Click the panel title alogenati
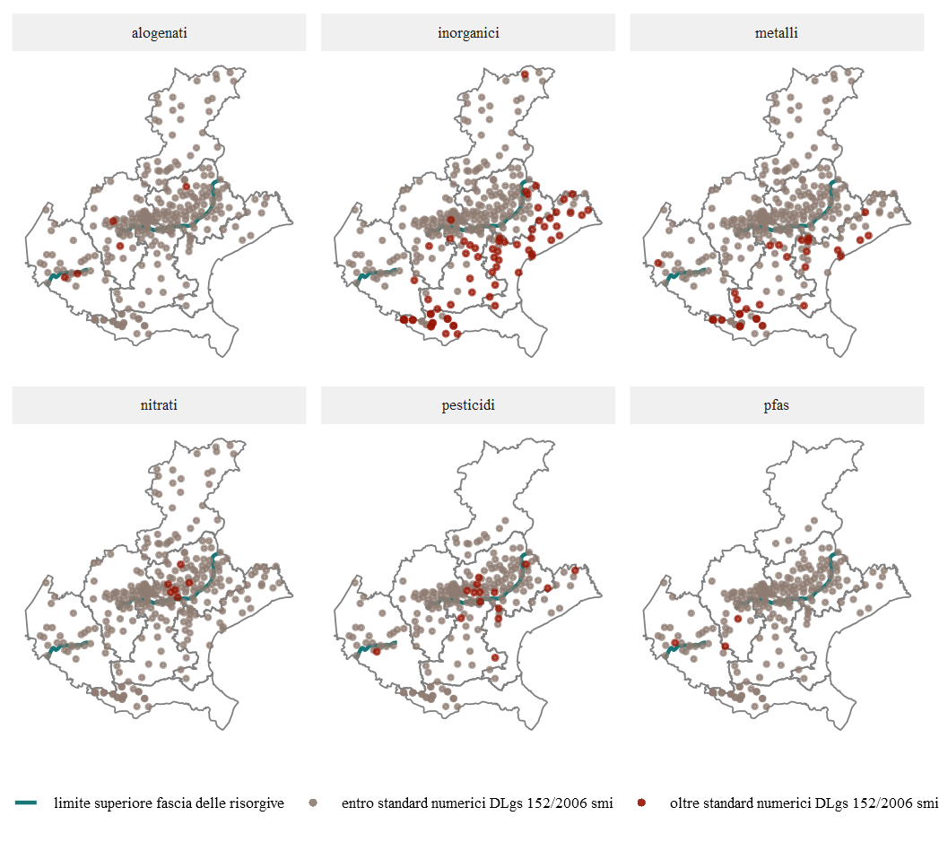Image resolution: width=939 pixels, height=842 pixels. point(159,33)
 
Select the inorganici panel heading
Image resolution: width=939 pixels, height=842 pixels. point(468,33)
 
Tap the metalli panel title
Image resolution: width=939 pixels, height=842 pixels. point(777,33)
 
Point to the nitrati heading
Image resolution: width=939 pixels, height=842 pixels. point(159,405)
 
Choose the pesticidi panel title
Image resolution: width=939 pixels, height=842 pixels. point(468,405)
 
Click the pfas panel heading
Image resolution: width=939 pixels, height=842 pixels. point(777,405)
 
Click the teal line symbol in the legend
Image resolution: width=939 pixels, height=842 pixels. point(26,803)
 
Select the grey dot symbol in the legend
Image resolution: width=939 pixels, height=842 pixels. point(313,803)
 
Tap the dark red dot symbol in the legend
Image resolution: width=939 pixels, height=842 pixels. point(641,803)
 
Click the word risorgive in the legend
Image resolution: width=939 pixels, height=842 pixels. point(255,803)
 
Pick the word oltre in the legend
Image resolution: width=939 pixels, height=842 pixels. point(686,803)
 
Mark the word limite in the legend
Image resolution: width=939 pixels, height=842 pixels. point(72,803)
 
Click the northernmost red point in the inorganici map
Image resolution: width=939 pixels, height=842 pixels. point(526,74)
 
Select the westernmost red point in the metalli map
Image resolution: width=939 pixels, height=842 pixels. point(658,263)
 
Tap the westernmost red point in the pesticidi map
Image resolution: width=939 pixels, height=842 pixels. point(377,652)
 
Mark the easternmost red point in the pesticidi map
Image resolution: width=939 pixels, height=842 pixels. point(575,570)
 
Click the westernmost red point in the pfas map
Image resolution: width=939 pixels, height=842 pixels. point(674,643)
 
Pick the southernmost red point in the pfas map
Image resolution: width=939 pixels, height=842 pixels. point(725,647)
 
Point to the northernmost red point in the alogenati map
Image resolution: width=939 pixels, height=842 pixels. point(187,187)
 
